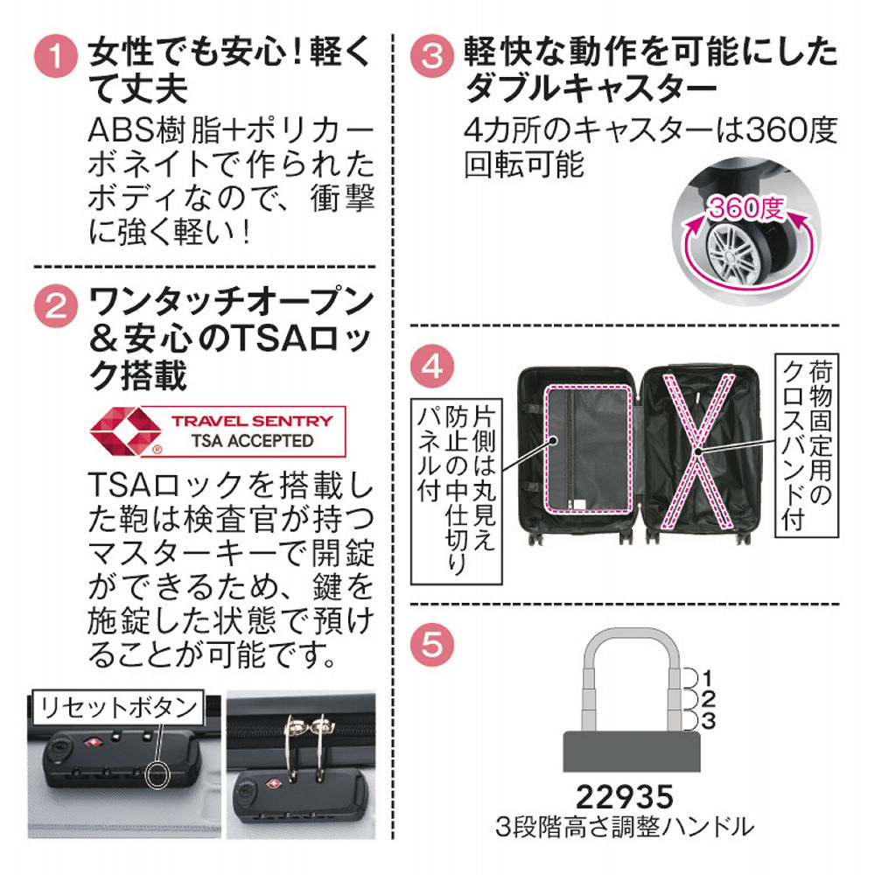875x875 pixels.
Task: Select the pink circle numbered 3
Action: point(435,58)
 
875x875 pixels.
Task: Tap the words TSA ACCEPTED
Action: point(251,440)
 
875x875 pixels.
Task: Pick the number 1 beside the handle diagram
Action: point(709,676)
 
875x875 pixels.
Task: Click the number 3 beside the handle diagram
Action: point(709,720)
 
